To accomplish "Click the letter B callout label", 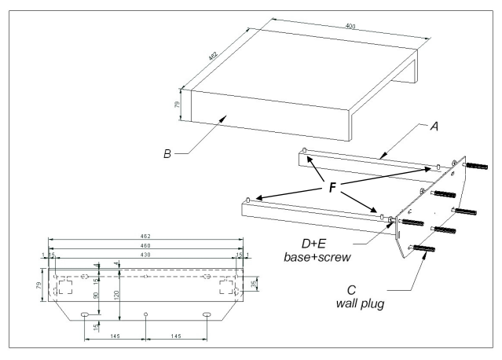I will click(x=167, y=154).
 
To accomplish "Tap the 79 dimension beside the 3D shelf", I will click(x=178, y=104).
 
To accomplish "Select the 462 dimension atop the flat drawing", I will click(x=145, y=236).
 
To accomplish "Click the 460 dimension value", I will click(x=145, y=246).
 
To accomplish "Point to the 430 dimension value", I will click(x=145, y=255).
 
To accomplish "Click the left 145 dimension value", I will click(x=115, y=336).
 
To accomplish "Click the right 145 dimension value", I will click(x=176, y=336).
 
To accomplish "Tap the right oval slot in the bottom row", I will click(x=207, y=314).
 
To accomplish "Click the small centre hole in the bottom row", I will click(x=145, y=314).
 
